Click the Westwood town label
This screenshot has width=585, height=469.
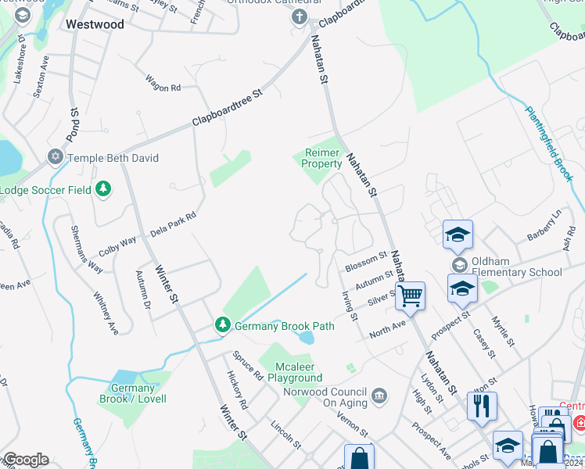pos(95,24)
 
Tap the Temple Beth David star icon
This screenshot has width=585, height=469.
pos(56,158)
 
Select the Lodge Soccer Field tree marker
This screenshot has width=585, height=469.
pos(102,189)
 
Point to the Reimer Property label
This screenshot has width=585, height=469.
pos(322,158)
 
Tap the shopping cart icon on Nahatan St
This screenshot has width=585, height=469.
pos(409,296)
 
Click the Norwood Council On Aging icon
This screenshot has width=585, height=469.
pos(379,395)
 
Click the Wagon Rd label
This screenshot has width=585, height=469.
pos(163,83)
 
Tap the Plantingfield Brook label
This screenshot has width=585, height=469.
pos(549,144)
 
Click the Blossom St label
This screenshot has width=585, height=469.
pos(366,261)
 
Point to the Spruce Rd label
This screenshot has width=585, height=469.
pos(247,365)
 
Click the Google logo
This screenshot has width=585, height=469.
pos(25,460)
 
